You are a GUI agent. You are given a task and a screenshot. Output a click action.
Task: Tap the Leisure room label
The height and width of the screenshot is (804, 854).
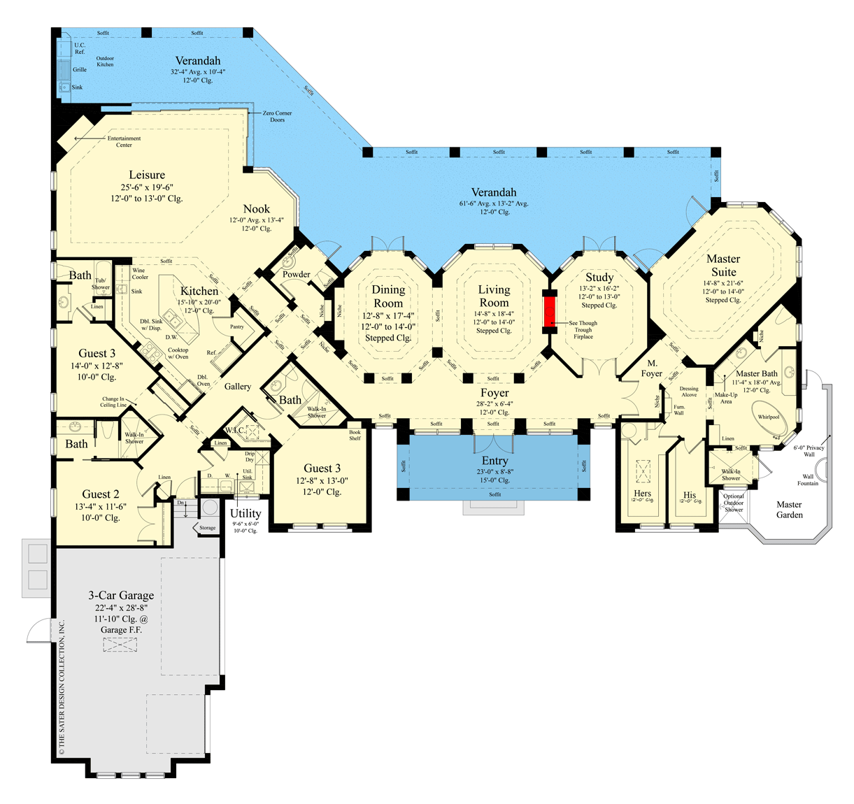coord(147,175)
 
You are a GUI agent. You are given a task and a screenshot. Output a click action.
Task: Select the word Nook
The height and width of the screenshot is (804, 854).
coord(257,209)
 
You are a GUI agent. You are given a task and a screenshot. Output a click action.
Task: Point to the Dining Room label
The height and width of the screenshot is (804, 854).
coord(388,296)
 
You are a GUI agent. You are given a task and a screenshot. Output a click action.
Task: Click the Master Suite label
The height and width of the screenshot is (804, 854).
coord(723,265)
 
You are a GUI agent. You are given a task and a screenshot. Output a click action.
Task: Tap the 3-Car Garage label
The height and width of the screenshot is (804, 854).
coord(121,596)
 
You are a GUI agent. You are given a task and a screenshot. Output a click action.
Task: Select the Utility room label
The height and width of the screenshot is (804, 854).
coord(245,513)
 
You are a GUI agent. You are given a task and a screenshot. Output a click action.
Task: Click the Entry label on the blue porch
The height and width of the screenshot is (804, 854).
coord(494,461)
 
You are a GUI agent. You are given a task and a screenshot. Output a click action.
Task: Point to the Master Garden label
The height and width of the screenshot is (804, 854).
coord(789,510)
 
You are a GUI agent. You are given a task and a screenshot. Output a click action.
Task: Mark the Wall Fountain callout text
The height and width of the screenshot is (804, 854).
coord(808,480)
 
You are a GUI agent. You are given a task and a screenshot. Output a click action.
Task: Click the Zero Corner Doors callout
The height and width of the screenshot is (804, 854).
coord(277,116)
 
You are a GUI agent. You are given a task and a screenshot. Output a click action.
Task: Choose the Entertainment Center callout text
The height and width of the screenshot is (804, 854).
coord(124,141)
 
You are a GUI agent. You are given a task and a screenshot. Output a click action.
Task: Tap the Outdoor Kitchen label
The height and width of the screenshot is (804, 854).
coord(105,62)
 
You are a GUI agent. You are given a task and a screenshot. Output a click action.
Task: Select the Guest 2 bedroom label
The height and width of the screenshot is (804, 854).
coord(101,494)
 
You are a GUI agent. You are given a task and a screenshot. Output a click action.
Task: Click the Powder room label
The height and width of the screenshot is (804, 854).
coord(297,274)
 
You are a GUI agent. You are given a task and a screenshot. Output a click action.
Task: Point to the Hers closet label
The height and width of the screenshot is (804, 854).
coord(642,493)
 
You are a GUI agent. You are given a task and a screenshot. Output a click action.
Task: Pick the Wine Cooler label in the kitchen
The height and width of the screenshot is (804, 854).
coord(140,273)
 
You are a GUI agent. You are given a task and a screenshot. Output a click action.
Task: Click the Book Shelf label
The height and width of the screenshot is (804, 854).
coord(355,435)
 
